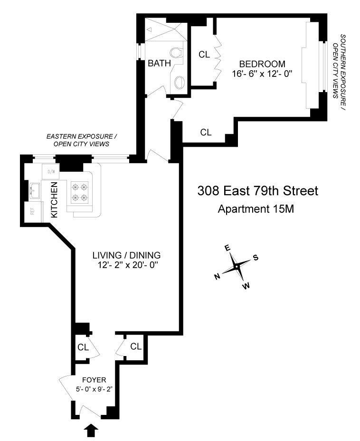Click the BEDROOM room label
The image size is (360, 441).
(262, 64)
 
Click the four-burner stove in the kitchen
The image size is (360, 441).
(80, 192)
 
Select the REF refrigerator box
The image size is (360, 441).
(33, 211)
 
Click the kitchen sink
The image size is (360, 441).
(33, 191)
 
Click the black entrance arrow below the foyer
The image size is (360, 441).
(92, 430)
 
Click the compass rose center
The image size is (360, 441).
(236, 267)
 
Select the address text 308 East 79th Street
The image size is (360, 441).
(257, 191)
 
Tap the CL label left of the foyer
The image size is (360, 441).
(83, 347)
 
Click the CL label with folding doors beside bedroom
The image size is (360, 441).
(204, 55)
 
